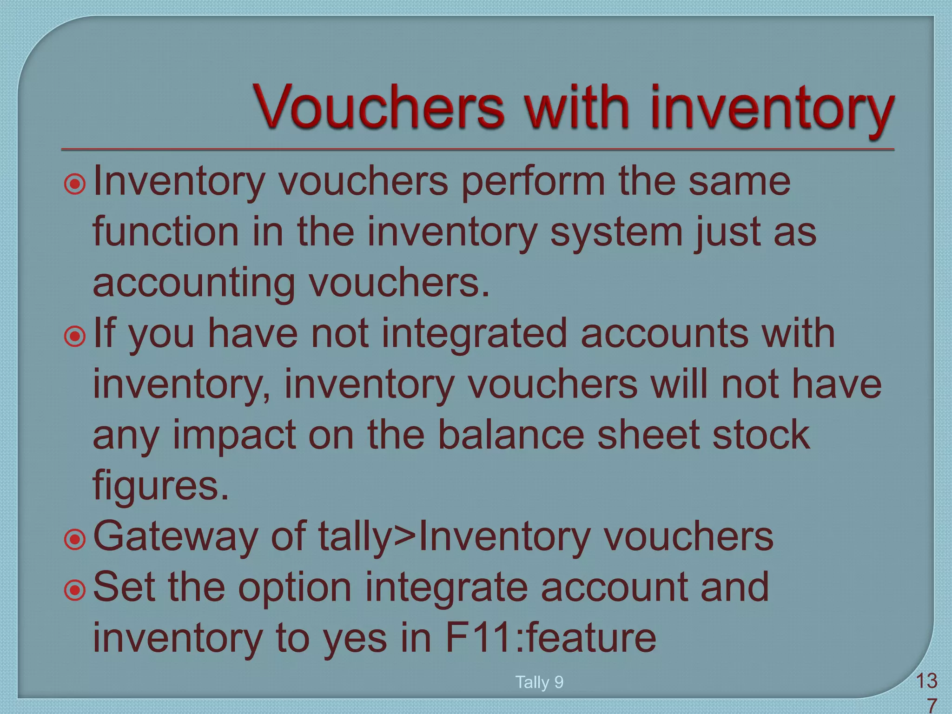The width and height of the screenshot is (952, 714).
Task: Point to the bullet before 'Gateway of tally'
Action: pyautogui.click(x=75, y=540)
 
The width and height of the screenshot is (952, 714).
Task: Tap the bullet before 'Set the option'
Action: pyautogui.click(x=75, y=590)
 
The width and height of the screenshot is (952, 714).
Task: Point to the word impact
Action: pyautogui.click(x=234, y=436)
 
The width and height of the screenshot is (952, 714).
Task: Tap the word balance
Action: pyautogui.click(x=511, y=435)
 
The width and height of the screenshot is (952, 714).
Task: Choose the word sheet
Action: pyautogui.click(x=648, y=435)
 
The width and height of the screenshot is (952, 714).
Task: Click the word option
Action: pyautogui.click(x=295, y=588)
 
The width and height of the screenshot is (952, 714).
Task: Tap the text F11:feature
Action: pyautogui.click(x=551, y=638)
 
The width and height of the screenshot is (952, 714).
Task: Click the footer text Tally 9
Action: pyautogui.click(x=539, y=682)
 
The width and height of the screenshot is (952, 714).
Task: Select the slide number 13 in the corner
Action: pyautogui.click(x=926, y=682)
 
